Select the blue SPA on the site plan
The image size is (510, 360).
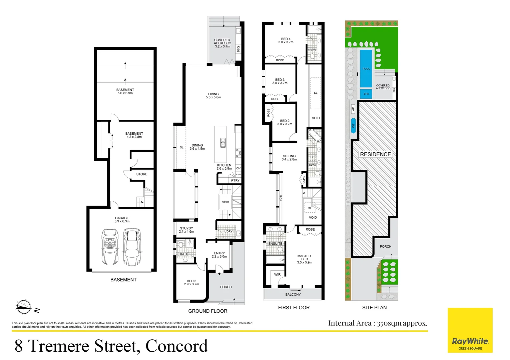(366, 94)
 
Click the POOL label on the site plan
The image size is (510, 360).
(366, 69)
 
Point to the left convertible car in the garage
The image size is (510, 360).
(110, 247)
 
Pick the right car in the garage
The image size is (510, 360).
(132, 247)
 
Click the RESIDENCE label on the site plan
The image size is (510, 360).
(375, 154)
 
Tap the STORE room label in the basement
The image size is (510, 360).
(142, 174)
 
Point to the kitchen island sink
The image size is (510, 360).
(223, 143)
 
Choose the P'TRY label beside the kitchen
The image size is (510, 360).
(235, 181)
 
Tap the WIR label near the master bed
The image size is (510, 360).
(277, 275)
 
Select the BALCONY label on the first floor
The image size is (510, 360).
(293, 295)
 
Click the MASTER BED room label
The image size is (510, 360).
(304, 258)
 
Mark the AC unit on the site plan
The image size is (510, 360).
(353, 108)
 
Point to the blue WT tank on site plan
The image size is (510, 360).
(353, 126)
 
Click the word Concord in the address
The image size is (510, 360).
(176, 346)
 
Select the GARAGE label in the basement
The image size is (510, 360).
(122, 218)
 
